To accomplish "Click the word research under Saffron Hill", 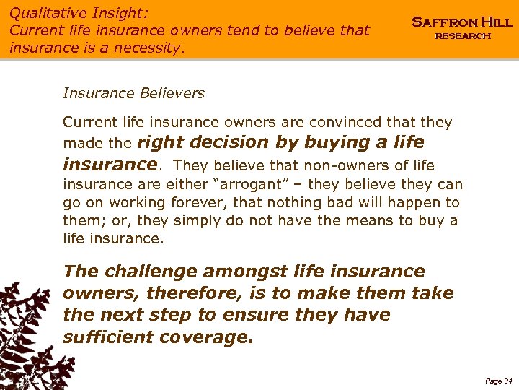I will tap(462, 36).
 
